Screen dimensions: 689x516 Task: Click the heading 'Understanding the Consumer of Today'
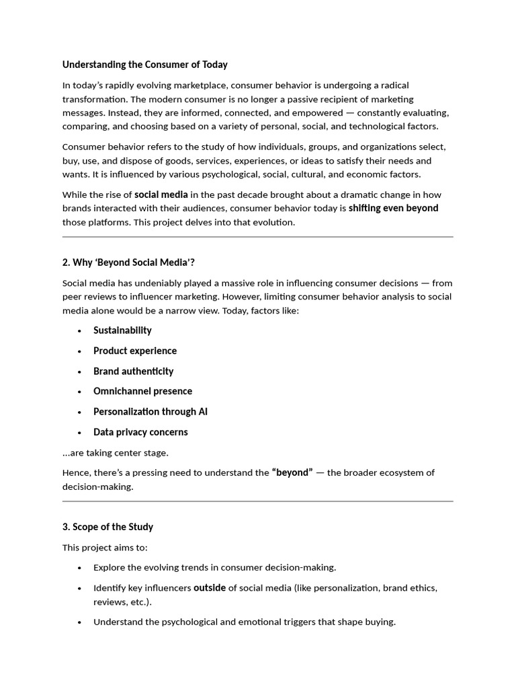point(144,65)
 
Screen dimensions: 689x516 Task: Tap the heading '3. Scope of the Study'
point(107,527)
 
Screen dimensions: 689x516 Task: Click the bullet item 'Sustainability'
point(122,330)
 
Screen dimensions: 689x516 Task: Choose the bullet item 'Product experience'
point(135,351)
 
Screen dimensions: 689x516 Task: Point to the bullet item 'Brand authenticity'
point(133,371)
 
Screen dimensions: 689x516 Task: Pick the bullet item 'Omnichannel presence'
point(142,391)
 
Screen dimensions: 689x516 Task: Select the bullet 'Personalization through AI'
point(150,411)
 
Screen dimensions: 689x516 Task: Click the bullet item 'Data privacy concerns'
point(140,432)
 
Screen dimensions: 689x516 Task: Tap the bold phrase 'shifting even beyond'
point(393,208)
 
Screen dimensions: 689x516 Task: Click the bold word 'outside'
point(210,587)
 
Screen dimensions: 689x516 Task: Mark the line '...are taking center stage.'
point(116,452)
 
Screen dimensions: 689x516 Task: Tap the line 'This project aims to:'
point(105,547)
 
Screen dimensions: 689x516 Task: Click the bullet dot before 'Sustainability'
point(79,331)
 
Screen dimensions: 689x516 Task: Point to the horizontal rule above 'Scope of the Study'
point(257,501)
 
